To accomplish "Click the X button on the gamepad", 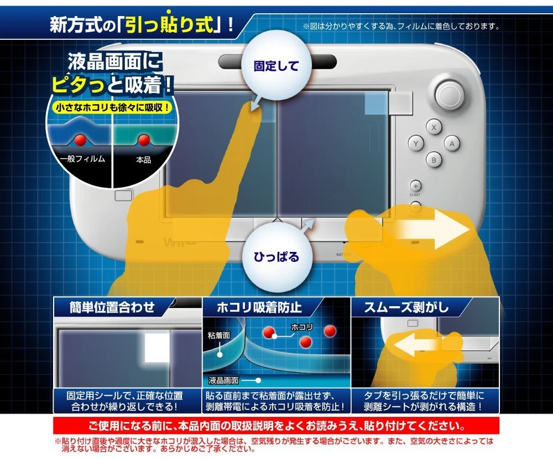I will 433,126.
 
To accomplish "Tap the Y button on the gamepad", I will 416,143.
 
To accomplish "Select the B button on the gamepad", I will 433,160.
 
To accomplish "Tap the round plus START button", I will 415,186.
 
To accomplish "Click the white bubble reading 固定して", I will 276,66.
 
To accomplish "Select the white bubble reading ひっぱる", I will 276,256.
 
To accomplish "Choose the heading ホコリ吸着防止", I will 259,307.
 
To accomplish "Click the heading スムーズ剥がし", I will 406,307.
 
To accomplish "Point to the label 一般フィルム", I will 82,159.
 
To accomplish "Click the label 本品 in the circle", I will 143,160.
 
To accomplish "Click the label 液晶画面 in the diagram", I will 224,381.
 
